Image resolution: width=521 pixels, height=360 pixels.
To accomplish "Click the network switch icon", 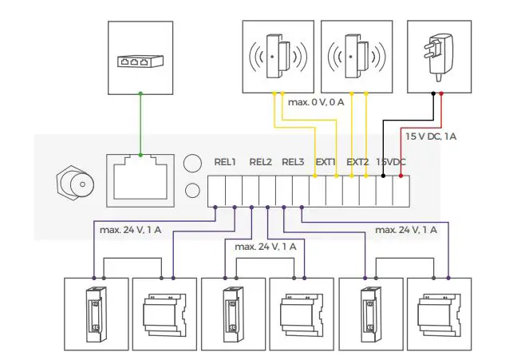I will (140, 61).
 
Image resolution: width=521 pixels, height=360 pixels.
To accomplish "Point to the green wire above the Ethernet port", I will (140, 124).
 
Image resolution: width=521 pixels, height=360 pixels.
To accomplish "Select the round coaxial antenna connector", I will (77, 185).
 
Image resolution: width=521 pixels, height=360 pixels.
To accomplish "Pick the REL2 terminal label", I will (260, 162).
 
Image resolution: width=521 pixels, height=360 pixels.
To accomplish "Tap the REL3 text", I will (294, 162).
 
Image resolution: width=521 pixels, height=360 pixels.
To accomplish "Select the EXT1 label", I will (326, 162).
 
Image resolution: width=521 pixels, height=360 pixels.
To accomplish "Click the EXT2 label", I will (358, 162).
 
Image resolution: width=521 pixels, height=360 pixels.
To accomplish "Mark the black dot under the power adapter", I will (432, 93).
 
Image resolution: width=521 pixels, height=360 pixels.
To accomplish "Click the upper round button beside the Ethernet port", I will (192, 163).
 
